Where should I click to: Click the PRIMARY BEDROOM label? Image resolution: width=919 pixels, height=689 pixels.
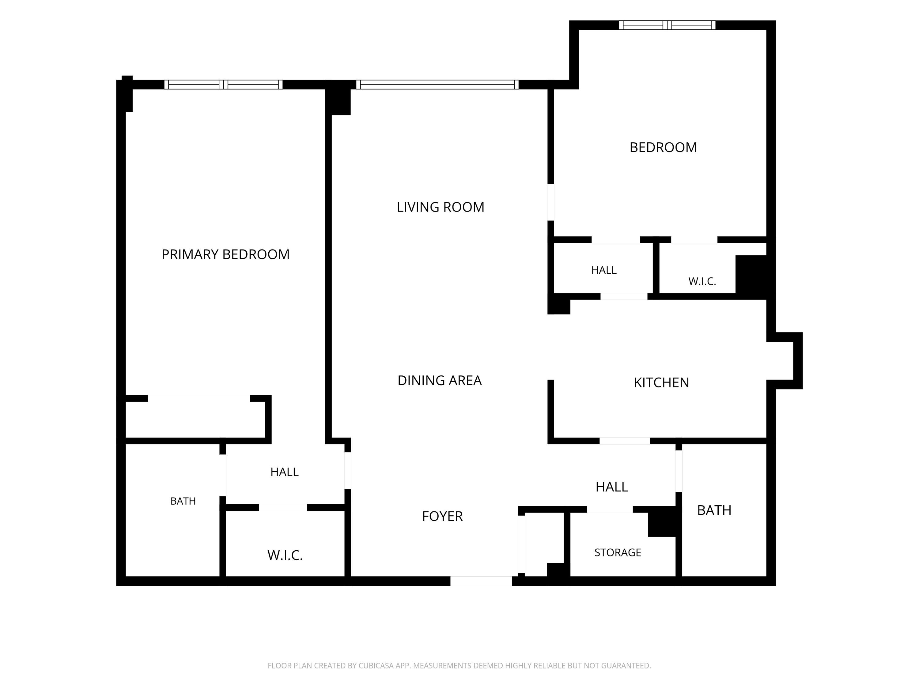click(x=225, y=254)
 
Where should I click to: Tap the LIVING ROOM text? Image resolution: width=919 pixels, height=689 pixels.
click(x=441, y=207)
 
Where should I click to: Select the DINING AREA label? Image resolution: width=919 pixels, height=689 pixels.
click(x=440, y=380)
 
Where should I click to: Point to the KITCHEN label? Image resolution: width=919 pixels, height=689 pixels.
click(x=661, y=382)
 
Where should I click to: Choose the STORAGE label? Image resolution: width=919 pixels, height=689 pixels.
click(x=618, y=552)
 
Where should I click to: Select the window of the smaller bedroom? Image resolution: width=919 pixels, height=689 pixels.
click(x=667, y=25)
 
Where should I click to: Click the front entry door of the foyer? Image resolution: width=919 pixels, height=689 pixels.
click(x=481, y=581)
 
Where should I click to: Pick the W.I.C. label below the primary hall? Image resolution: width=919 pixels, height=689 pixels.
click(x=285, y=555)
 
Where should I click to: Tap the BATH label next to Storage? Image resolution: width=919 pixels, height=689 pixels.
click(x=714, y=510)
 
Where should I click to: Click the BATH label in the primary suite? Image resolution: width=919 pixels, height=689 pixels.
click(x=183, y=501)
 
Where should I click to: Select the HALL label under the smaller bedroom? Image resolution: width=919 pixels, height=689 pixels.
click(x=604, y=270)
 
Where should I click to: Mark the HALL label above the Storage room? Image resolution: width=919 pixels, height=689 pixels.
click(x=611, y=487)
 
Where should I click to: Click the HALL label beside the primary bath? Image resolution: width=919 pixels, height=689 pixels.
click(x=284, y=472)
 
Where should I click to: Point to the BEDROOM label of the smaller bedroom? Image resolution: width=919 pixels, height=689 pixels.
click(x=663, y=147)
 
